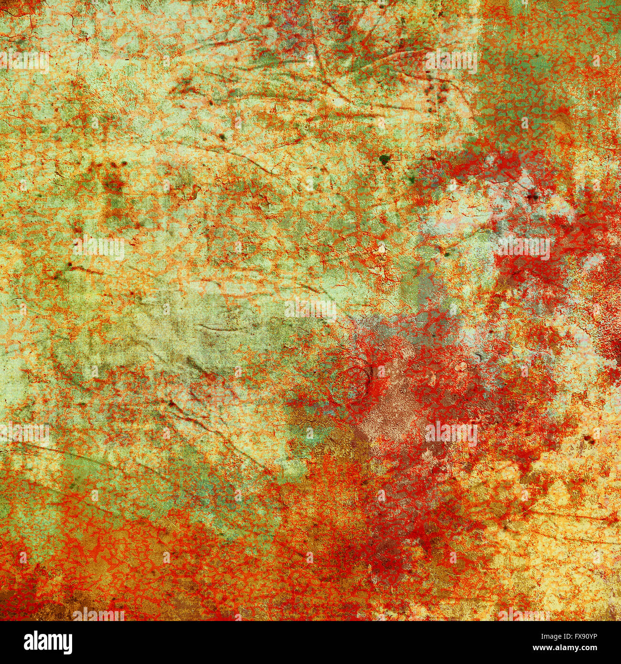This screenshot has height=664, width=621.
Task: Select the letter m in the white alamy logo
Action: [x=50, y=643]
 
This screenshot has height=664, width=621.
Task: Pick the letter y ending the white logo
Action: [x=66, y=645]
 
